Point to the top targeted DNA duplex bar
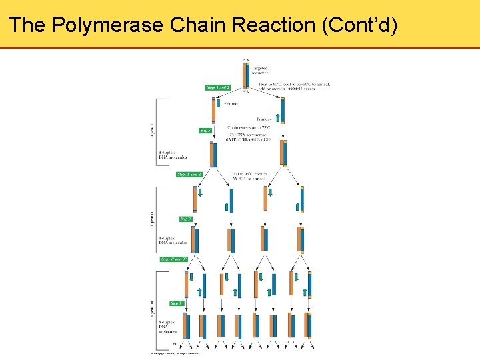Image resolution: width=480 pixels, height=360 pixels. click(247, 75)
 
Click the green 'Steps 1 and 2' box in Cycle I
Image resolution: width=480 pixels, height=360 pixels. click(218, 87)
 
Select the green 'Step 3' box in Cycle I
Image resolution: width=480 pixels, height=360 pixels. click(205, 131)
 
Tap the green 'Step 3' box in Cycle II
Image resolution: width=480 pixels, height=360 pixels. click(186, 219)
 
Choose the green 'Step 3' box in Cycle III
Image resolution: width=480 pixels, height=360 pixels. click(177, 303)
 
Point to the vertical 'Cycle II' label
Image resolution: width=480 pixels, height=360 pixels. click(152, 219)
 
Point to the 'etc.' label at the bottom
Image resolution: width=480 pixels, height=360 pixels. click(175, 343)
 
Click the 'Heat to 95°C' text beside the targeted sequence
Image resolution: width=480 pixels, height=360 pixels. click(289, 85)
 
